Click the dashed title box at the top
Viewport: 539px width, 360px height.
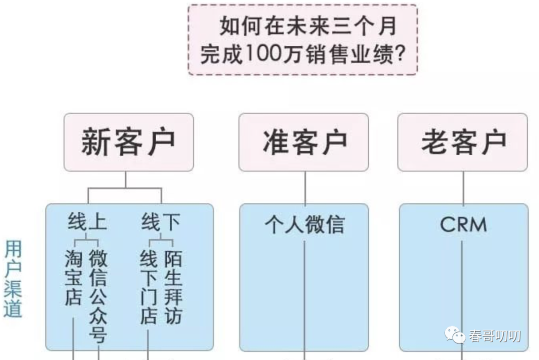click(x=302, y=40)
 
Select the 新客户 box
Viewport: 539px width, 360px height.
click(x=128, y=142)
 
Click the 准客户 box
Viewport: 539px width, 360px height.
click(x=303, y=142)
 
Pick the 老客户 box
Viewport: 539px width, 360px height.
click(x=463, y=142)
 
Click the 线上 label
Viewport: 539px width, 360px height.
click(x=87, y=222)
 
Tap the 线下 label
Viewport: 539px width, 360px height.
click(x=161, y=222)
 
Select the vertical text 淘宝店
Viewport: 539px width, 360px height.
click(x=73, y=278)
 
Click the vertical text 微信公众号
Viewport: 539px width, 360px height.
click(x=98, y=296)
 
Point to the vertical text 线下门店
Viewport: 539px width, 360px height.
click(x=148, y=287)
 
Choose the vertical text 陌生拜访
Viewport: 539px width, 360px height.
click(x=173, y=287)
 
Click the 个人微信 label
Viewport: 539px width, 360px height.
click(x=304, y=224)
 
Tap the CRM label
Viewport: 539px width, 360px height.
click(x=463, y=225)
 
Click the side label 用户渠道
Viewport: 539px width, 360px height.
click(x=13, y=279)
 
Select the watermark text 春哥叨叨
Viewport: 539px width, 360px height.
click(x=494, y=336)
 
